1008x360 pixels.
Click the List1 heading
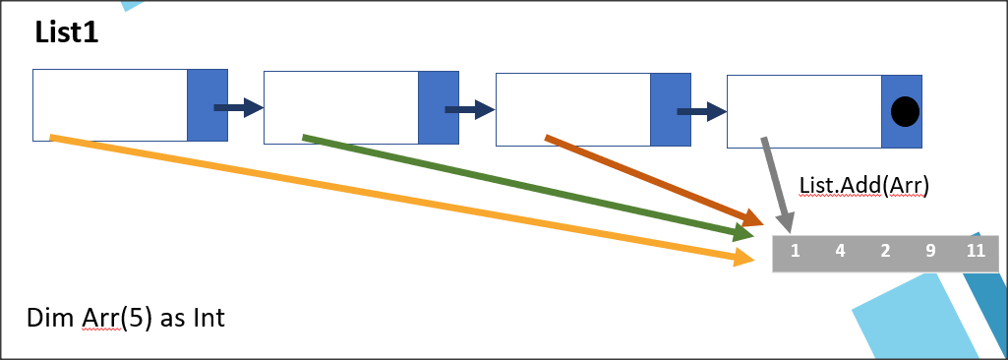click(66, 33)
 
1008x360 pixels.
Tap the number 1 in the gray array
click(795, 250)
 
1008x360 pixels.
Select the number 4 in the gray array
click(840, 250)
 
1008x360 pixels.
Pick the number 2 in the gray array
click(885, 250)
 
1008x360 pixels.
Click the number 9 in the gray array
click(930, 250)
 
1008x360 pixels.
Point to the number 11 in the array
click(976, 250)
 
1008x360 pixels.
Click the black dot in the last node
click(905, 112)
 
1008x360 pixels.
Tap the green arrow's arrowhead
click(744, 234)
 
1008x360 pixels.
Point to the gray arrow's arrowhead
click(785, 222)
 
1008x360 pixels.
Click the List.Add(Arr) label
click(864, 186)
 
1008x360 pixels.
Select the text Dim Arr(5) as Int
click(126, 318)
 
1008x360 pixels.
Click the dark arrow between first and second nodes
click(239, 107)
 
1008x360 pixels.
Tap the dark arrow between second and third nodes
click(470, 109)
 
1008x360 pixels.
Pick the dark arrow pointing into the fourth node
click(702, 111)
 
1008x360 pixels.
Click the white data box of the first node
click(110, 105)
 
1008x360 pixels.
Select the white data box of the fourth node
click(804, 111)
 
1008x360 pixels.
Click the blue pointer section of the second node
click(439, 107)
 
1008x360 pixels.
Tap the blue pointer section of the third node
click(671, 109)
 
